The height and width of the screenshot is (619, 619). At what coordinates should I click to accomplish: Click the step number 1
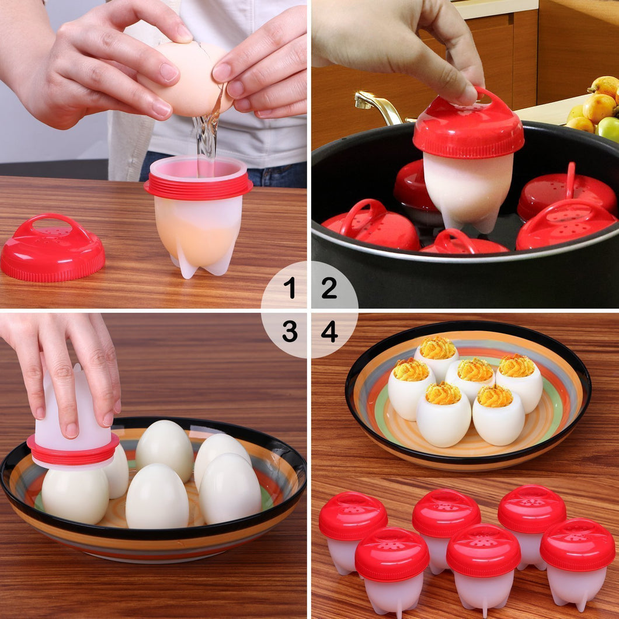point(289,288)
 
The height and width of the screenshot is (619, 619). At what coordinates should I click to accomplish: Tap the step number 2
point(329,288)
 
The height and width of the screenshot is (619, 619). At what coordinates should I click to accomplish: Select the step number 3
point(289,332)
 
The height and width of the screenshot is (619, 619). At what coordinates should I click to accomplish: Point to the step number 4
point(329,332)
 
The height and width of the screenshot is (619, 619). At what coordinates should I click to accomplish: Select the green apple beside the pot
point(608,128)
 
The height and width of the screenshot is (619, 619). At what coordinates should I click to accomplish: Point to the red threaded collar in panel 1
point(199,187)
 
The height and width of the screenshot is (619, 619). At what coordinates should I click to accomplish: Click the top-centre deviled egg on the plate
point(437,357)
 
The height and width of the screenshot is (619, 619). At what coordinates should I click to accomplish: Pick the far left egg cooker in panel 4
point(352,528)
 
